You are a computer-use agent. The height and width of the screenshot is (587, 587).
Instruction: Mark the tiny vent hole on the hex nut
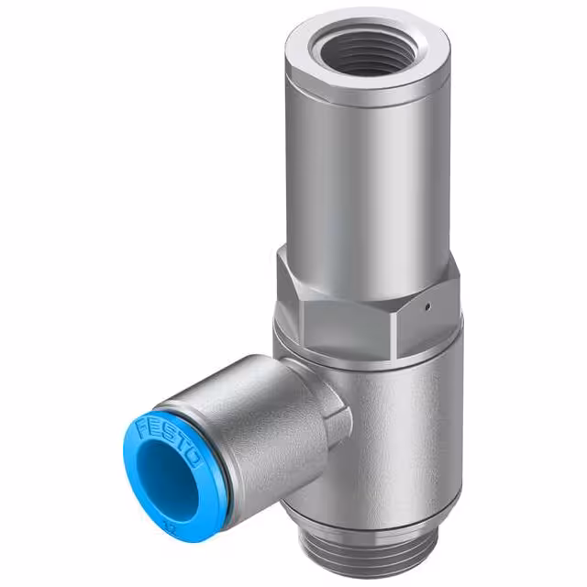pyautogui.click(x=426, y=302)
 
